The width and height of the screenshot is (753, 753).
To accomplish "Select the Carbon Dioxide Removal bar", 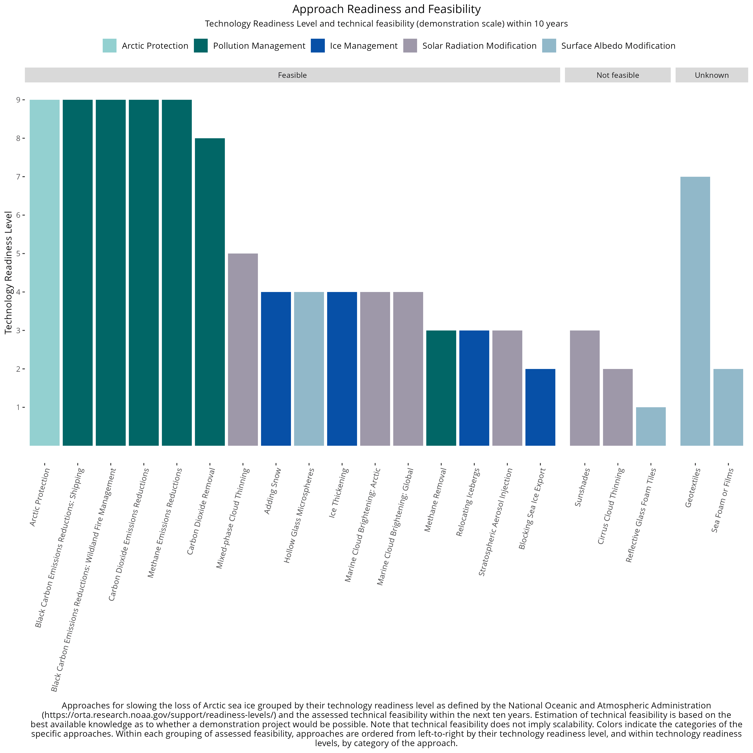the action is (210, 292).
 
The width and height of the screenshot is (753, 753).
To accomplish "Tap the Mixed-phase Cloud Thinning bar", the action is (243, 350).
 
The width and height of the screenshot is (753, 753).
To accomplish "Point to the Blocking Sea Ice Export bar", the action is (540, 407).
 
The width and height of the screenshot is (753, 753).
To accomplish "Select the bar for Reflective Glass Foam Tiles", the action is (651, 426).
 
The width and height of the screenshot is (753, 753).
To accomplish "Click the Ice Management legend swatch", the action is (318, 46).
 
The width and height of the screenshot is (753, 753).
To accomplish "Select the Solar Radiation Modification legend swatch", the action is (410, 46).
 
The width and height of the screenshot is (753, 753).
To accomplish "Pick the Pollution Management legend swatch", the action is (201, 46).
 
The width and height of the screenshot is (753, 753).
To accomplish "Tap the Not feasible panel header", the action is (618, 75).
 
